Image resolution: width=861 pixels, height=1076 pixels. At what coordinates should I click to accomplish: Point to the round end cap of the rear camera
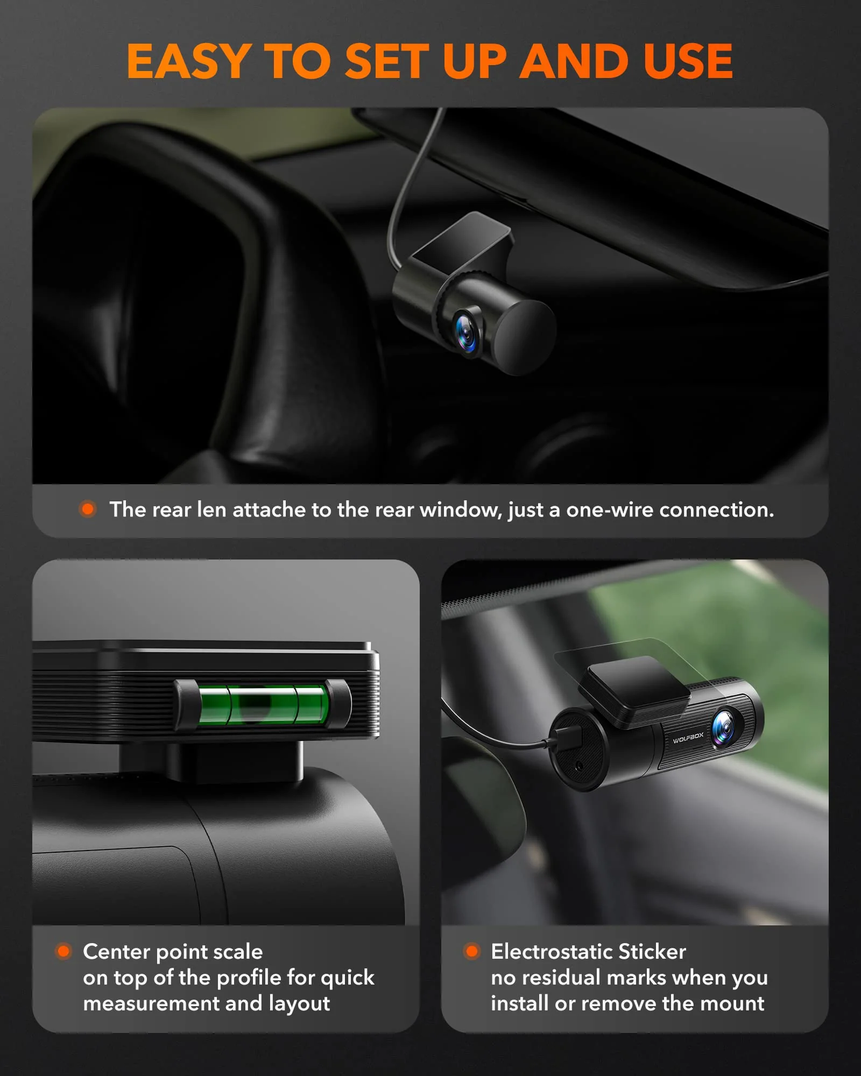(x=525, y=337)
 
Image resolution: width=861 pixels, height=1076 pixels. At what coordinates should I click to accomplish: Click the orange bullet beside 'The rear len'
(x=88, y=509)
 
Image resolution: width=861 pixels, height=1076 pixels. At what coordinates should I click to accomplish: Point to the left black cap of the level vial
(x=186, y=705)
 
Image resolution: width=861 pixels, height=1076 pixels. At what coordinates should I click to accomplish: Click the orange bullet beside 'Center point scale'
(x=63, y=951)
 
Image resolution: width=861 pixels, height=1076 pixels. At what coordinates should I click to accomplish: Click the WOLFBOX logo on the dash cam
(x=688, y=738)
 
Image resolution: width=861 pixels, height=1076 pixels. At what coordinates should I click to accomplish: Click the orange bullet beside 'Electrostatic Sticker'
(x=472, y=951)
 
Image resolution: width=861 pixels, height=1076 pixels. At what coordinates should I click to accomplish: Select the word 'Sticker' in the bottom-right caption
(x=652, y=952)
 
